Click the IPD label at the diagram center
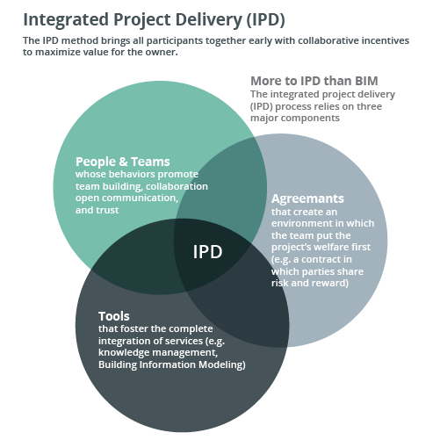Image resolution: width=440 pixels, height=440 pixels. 207,252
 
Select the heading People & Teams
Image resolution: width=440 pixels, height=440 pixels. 123,162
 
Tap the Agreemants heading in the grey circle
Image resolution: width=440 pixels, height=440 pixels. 307,199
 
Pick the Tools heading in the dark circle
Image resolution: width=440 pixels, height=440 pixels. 114,316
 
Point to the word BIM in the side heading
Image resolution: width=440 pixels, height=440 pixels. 365,81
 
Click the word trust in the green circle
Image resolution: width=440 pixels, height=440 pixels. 108,210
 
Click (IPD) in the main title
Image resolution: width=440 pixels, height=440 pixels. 265,20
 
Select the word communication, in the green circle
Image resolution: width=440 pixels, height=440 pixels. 140,198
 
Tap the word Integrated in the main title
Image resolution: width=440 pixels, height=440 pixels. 66,20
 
